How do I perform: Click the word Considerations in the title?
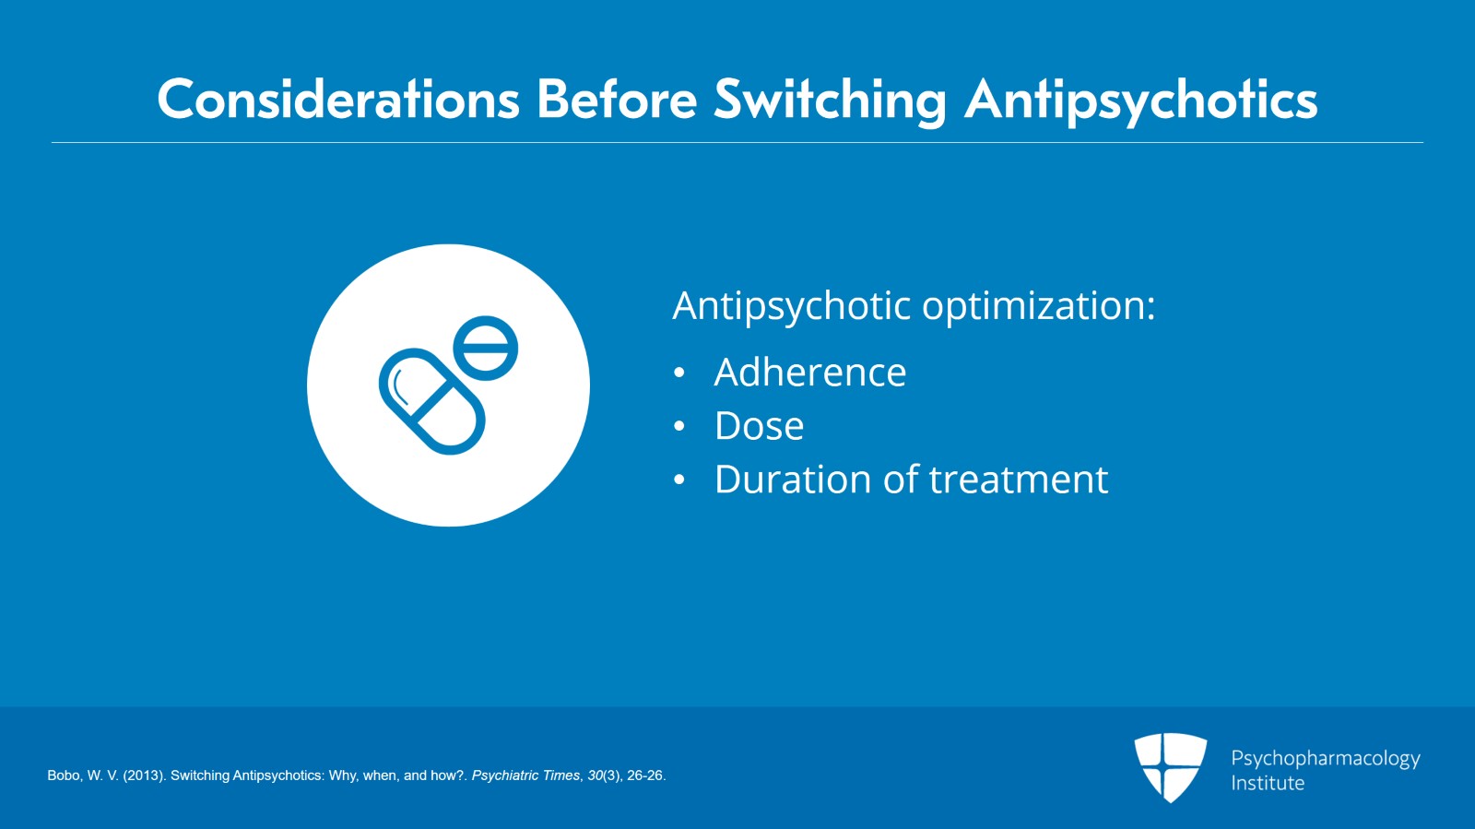click(337, 100)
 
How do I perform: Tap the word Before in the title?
click(616, 100)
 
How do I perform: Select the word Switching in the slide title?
click(830, 100)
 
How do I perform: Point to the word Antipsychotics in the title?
click(1141, 100)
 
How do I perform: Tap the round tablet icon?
click(486, 348)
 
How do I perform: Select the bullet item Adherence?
click(809, 373)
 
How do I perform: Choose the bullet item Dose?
click(759, 426)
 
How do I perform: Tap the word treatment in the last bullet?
click(1018, 480)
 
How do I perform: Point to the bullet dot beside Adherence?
click(679, 373)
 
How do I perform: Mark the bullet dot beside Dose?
click(679, 427)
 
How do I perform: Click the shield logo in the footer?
click(1170, 766)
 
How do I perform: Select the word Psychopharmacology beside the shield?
click(1325, 758)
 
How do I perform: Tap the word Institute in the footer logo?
click(1268, 783)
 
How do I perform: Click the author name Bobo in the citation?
click(64, 776)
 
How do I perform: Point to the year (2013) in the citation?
click(144, 776)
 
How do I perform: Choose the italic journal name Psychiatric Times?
click(525, 776)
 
